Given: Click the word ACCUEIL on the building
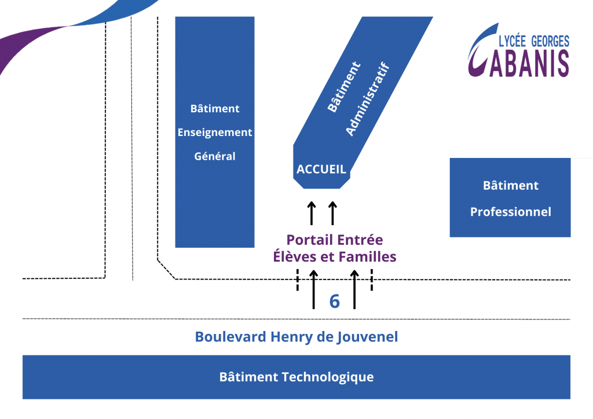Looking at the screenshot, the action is (321, 169).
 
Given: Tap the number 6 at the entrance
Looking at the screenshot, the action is (335, 302).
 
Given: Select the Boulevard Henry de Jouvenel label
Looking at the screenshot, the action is (296, 337).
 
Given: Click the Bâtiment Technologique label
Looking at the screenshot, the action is (296, 377).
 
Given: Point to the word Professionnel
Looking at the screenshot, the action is (511, 212).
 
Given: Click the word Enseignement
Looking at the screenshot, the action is (215, 133).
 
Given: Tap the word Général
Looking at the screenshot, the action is (215, 156).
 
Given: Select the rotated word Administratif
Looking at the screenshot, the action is (368, 98).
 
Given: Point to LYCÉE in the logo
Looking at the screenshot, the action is (513, 41).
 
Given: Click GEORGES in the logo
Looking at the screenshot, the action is (550, 41).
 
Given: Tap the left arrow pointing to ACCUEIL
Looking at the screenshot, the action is (311, 213).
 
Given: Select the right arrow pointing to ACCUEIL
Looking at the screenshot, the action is (332, 213).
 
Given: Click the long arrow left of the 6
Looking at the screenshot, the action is (313, 289).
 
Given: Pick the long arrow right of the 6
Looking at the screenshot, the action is (354, 289).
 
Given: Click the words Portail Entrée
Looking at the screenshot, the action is (335, 240).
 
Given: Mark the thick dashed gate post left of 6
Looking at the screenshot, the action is (298, 280).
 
